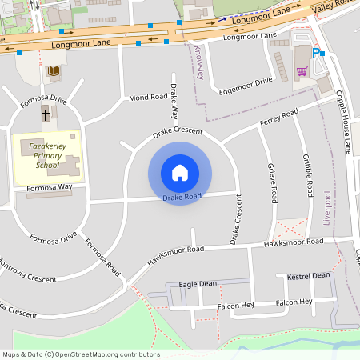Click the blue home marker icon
point(180,173)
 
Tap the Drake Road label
point(181,196)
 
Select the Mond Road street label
point(148,98)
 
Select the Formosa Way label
point(50,186)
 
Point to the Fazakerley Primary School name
point(46,156)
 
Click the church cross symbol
point(45,114)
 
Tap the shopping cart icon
point(302,71)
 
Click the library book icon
point(53,72)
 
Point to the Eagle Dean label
point(198,284)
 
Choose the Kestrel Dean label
point(308,275)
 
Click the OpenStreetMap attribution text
point(81,354)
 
